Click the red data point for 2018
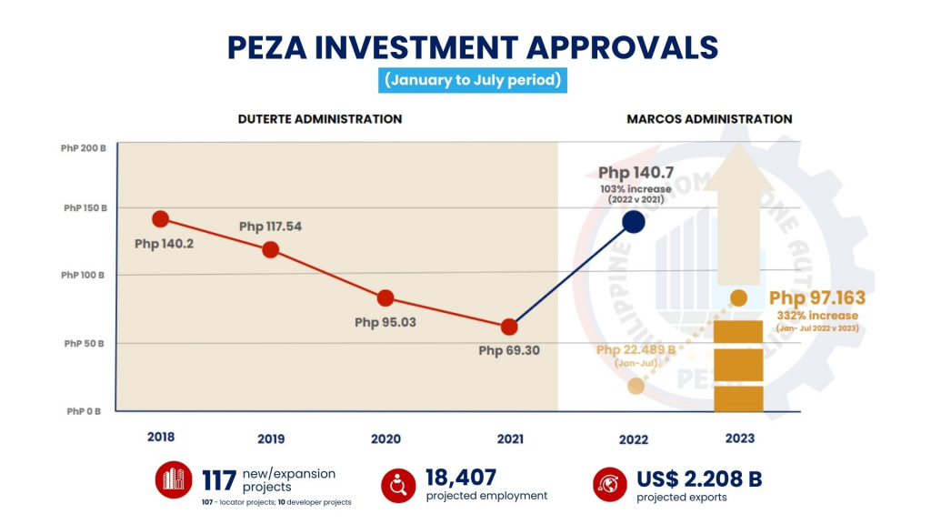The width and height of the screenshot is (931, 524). click(x=161, y=218)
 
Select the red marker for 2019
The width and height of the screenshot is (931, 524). click(x=271, y=249)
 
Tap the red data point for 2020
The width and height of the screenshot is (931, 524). click(x=385, y=297)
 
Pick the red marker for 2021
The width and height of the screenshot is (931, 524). click(x=509, y=327)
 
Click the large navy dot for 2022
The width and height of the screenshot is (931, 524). click(x=634, y=222)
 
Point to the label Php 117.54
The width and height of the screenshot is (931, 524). click(x=275, y=227)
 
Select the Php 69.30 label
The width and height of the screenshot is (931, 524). click(x=510, y=349)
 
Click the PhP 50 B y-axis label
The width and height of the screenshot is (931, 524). click(x=85, y=344)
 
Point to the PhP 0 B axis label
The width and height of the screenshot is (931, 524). click(x=85, y=411)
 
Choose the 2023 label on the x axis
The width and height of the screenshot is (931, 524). click(x=739, y=438)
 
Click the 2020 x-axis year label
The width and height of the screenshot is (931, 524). click(x=385, y=438)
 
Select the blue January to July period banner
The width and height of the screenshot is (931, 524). click(x=473, y=80)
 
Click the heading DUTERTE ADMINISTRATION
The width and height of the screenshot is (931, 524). click(x=320, y=119)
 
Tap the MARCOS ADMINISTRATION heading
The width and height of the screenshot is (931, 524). click(x=709, y=119)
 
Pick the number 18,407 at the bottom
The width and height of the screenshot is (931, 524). click(x=461, y=477)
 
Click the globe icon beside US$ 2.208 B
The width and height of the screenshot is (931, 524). click(x=608, y=484)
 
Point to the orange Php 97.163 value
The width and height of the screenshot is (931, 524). click(x=816, y=297)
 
